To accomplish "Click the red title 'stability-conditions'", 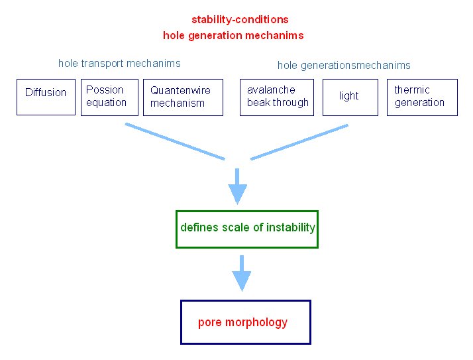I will [240, 20].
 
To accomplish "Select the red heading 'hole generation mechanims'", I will [233, 36].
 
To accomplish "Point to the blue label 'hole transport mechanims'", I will [119, 64].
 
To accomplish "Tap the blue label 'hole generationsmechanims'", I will [344, 65].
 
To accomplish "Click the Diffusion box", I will [46, 97].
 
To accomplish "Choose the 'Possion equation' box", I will [109, 97].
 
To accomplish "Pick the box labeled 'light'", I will [349, 97].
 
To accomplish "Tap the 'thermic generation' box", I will [422, 97].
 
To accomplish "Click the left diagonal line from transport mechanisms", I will [175, 141].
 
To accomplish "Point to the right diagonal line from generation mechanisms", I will [299, 141].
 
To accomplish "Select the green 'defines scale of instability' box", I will [247, 229].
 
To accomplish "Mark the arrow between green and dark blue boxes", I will [242, 272].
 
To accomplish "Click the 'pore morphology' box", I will [245, 322].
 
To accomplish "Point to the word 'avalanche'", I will [271, 90].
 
